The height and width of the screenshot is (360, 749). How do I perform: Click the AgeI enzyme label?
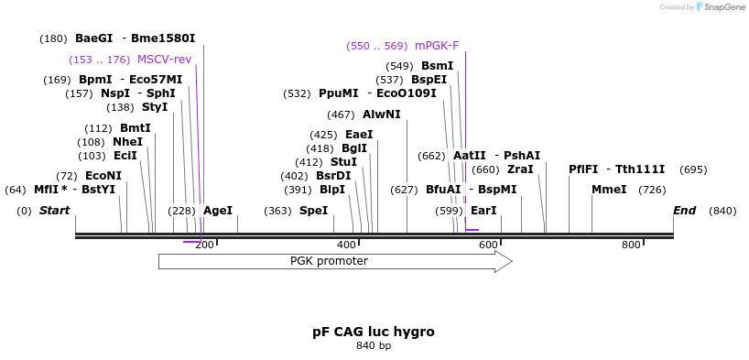pyautogui.click(x=218, y=211)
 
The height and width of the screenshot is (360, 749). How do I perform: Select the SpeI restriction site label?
pyautogui.click(x=313, y=211)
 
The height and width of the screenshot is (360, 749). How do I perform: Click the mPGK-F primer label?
pyautogui.click(x=437, y=46)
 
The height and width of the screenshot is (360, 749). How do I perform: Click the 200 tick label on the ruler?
pyautogui.click(x=204, y=245)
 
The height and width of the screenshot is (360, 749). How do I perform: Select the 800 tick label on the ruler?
pyautogui.click(x=631, y=245)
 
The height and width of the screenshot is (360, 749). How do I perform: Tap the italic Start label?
pyautogui.click(x=54, y=211)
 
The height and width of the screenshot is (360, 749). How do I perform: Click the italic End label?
pyautogui.click(x=684, y=211)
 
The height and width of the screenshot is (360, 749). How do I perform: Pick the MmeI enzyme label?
pyautogui.click(x=609, y=190)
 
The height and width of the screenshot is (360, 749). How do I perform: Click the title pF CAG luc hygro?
pyautogui.click(x=373, y=332)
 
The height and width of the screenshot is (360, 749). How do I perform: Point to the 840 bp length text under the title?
pyautogui.click(x=373, y=346)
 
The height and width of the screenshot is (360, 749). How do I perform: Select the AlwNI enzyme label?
pyautogui.click(x=381, y=115)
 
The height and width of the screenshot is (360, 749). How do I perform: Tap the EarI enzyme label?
pyautogui.click(x=483, y=211)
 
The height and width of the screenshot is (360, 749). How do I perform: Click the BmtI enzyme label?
pyautogui.click(x=135, y=128)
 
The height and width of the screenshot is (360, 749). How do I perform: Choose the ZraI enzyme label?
pyautogui.click(x=520, y=169)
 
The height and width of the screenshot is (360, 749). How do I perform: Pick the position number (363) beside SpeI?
pyautogui.click(x=277, y=211)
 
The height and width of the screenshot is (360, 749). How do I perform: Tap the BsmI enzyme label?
pyautogui.click(x=437, y=66)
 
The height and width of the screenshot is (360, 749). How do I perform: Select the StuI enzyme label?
pyautogui.click(x=343, y=162)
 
